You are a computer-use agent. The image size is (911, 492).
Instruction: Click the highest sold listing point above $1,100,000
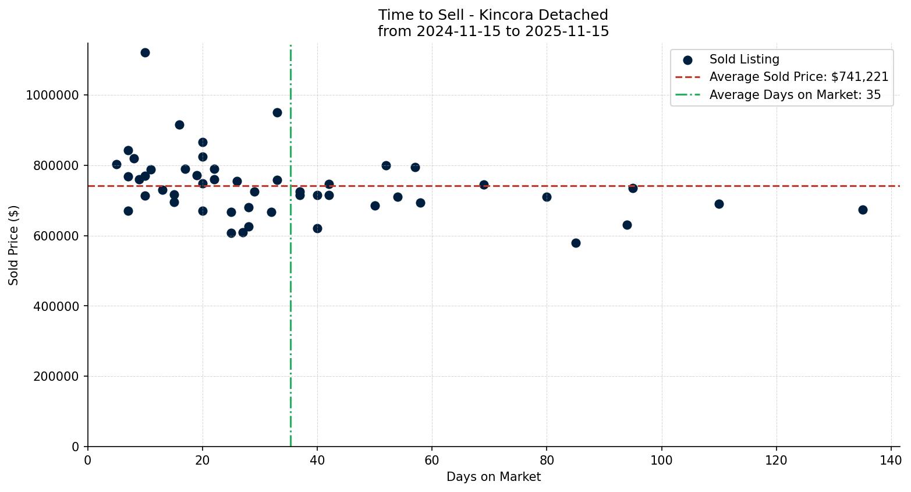click(145, 52)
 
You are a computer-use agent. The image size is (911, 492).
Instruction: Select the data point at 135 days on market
click(863, 210)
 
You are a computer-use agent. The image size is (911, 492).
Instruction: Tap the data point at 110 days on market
click(719, 204)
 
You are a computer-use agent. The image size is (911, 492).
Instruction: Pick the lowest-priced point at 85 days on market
click(576, 243)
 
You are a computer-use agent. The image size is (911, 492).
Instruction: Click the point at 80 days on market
click(547, 197)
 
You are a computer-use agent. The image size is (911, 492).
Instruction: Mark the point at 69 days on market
click(484, 185)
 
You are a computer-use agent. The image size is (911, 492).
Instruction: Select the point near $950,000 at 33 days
click(277, 112)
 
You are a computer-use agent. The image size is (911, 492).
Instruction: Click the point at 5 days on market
click(116, 164)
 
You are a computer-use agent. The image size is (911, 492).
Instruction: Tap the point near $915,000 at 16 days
click(179, 125)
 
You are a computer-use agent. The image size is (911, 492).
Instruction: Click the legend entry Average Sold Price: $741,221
click(798, 77)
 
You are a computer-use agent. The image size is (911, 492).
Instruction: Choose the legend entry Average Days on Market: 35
click(795, 95)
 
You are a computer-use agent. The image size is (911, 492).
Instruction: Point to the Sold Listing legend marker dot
click(687, 59)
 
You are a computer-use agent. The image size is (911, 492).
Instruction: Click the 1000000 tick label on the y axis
click(52, 95)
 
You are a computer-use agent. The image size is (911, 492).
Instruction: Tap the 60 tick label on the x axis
click(432, 460)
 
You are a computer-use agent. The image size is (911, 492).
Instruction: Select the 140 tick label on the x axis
click(891, 460)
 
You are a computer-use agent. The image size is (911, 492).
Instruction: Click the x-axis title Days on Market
click(493, 477)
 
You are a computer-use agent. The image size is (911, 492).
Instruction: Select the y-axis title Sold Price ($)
click(14, 245)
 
